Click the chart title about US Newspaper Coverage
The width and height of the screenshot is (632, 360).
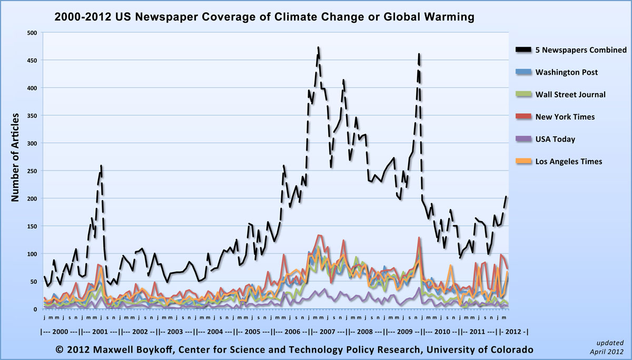tap(264, 17)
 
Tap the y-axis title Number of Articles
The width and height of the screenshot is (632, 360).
tap(15, 157)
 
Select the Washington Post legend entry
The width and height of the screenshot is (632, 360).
tap(566, 72)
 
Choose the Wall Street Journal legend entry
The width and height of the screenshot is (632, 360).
tap(570, 95)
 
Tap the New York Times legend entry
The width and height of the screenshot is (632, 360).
tap(565, 117)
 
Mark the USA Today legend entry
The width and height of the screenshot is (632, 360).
tap(555, 139)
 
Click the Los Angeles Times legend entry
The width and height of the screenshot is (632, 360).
tap(569, 162)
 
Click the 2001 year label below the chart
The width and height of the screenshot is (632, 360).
tap(100, 333)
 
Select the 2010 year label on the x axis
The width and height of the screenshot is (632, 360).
tap(443, 333)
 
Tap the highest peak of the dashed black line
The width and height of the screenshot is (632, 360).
tap(319, 47)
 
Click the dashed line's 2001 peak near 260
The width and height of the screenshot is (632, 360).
tap(101, 165)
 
